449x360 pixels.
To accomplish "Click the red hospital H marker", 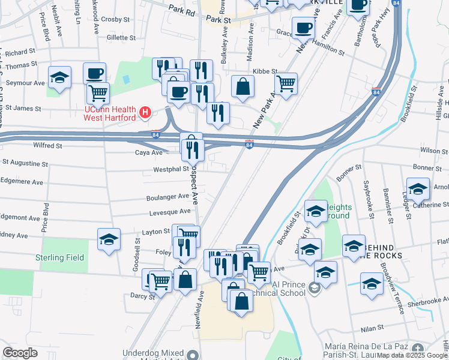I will tap(144, 112).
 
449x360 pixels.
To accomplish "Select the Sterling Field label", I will tap(61, 258).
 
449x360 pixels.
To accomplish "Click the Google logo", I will tap(20, 353).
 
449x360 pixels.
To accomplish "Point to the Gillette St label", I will tap(120, 37).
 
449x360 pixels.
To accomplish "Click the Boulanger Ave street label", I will tap(167, 197).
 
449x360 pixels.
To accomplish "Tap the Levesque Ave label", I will tap(170, 212).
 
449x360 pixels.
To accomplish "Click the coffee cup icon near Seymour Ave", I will tap(95, 74).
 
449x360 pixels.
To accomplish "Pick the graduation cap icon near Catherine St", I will tap(418, 189).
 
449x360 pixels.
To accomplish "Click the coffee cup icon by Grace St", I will tap(304, 28).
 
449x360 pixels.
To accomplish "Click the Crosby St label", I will tap(112, 19).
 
